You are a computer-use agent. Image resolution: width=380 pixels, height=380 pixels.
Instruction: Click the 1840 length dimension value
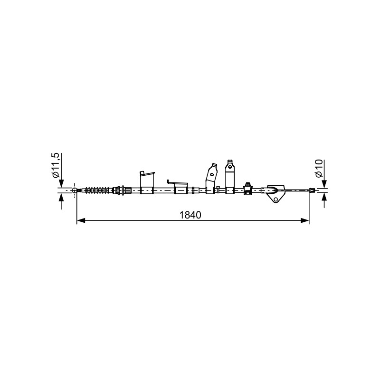tap(190, 215)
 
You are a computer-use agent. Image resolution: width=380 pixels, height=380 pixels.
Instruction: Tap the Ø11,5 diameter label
tap(56, 165)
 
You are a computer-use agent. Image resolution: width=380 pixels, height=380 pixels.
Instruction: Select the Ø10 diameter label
tap(319, 168)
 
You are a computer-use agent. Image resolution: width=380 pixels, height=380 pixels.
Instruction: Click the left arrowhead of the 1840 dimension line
tap(81, 220)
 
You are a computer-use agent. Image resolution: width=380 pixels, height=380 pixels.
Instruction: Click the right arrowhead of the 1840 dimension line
tap(305, 220)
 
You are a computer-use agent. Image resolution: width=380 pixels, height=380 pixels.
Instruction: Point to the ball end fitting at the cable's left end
tap(75, 190)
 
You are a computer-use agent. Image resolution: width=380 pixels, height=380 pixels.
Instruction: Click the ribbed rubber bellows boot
tap(97, 190)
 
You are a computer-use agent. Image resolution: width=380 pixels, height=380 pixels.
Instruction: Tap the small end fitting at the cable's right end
tap(312, 190)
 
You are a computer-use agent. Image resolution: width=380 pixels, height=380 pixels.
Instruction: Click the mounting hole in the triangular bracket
tap(275, 199)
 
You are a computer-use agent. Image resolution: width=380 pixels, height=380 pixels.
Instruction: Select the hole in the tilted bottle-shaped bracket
tap(212, 174)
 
